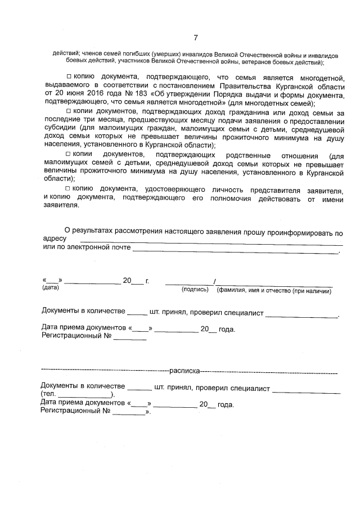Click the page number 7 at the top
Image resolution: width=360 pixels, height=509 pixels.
point(195,38)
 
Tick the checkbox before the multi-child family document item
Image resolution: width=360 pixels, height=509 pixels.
point(69,75)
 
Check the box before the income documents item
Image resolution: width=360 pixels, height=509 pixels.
point(69,112)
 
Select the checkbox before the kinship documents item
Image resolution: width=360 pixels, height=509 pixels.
point(69,154)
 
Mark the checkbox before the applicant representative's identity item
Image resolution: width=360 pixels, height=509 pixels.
point(69,188)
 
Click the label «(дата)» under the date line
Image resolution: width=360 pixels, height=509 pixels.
point(51,289)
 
